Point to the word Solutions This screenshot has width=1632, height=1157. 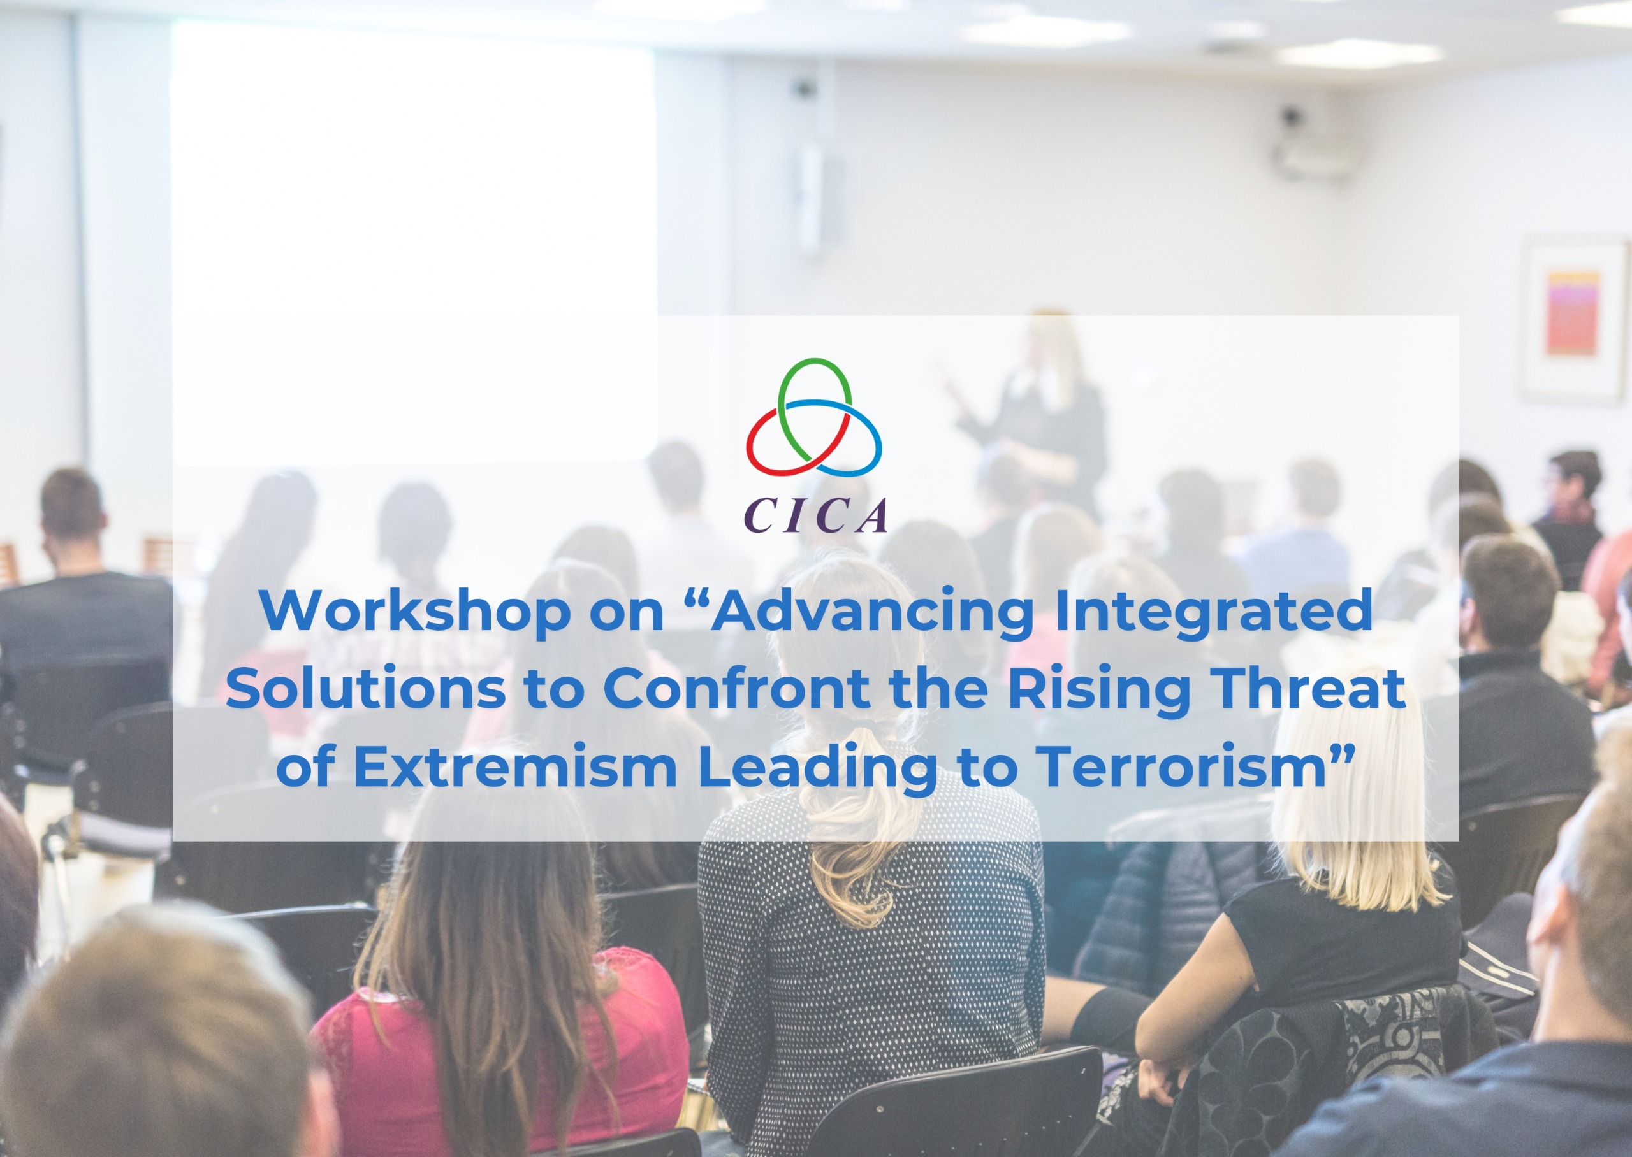pyautogui.click(x=365, y=689)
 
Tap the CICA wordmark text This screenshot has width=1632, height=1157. pyautogui.click(x=816, y=514)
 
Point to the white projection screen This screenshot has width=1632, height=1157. pyautogui.click(x=413, y=242)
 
